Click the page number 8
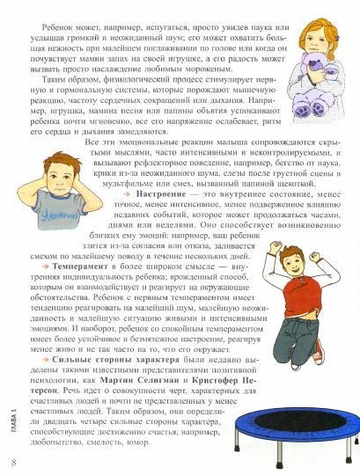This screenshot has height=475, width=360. point(11,462)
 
